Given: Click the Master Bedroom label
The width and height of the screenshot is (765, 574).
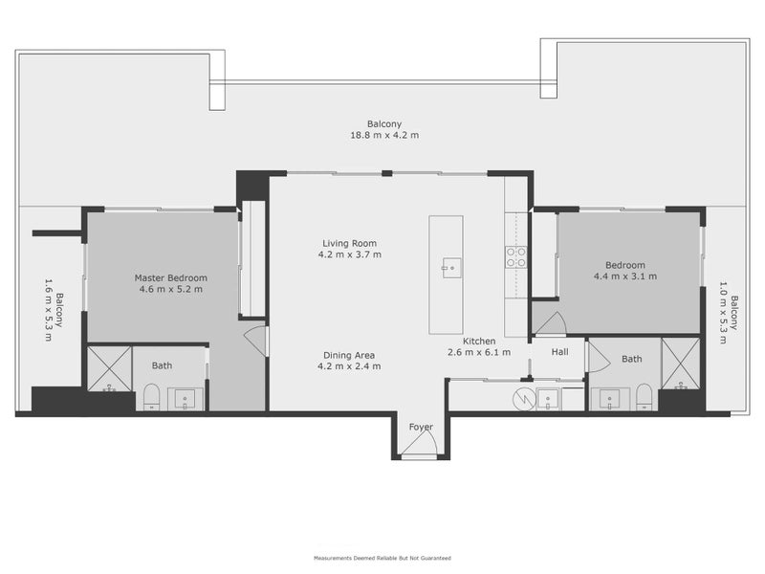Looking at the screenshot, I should click(171, 278).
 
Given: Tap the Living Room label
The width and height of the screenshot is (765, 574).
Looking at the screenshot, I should click(350, 243).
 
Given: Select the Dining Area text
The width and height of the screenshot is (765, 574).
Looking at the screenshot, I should click(350, 354).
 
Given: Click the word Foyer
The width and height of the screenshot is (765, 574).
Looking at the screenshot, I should click(421, 427).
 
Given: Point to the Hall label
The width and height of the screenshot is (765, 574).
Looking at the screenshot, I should click(560, 351).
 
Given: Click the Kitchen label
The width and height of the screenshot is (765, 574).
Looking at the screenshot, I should click(479, 342).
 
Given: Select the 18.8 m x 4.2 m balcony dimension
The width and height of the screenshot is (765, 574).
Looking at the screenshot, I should click(382, 135).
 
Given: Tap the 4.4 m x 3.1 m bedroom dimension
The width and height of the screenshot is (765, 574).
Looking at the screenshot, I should click(625, 276).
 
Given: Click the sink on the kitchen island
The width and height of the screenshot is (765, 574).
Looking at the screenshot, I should click(450, 267).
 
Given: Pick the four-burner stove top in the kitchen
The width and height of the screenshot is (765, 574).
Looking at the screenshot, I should click(515, 255).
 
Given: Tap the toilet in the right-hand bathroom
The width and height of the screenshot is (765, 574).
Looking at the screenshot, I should click(644, 396).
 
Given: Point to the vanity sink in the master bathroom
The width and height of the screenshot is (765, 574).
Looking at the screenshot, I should click(185, 398).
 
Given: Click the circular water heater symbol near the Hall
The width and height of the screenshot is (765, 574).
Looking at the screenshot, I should click(523, 397).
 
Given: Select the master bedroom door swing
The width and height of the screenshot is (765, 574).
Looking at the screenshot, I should click(255, 340).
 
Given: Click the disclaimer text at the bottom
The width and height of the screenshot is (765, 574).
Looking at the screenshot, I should click(382, 558).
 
